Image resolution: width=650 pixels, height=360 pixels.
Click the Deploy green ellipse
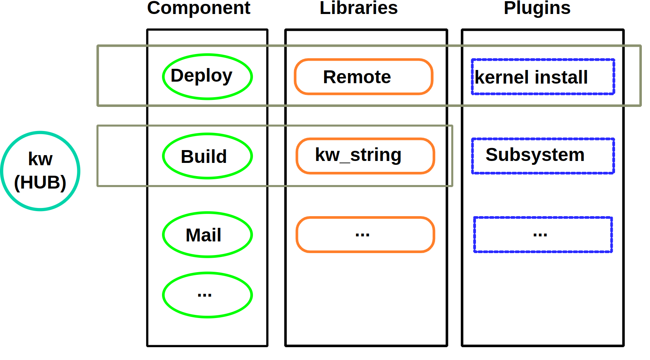[x=207, y=77]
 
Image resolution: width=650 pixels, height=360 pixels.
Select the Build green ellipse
[x=207, y=156]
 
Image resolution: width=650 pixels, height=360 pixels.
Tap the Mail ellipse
[x=207, y=235]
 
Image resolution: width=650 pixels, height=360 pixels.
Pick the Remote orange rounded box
[x=363, y=77]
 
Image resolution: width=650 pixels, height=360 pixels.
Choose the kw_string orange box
[x=365, y=156]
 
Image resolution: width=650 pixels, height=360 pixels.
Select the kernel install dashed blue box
[x=543, y=77]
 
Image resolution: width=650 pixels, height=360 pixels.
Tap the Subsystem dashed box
[x=543, y=156]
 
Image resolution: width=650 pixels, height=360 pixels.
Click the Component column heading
[x=199, y=8]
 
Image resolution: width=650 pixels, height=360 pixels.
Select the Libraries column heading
[x=358, y=8]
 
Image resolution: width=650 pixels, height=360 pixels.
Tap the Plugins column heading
[x=537, y=8]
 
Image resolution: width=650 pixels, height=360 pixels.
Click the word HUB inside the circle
[x=40, y=182]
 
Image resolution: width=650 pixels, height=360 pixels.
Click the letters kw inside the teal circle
[x=40, y=159]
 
